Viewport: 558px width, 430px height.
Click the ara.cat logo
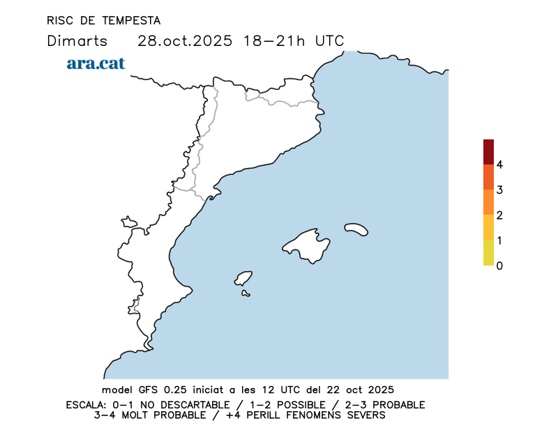(x=96, y=63)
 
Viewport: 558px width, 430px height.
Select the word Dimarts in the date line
(x=77, y=40)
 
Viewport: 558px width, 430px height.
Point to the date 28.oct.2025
(x=184, y=40)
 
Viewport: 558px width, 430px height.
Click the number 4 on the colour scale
(x=499, y=164)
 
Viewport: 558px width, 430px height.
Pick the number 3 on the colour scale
(x=499, y=190)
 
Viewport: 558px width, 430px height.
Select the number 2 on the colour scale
(x=499, y=215)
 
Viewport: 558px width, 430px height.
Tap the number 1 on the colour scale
(x=499, y=240)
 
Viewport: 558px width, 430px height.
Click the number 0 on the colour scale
(x=499, y=266)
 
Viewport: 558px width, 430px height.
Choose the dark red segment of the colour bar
(x=488, y=151)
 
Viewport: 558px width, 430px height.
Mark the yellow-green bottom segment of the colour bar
(x=488, y=253)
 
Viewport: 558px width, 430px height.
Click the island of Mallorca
(x=307, y=244)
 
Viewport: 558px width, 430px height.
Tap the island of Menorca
(x=356, y=229)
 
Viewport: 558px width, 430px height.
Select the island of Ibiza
(x=243, y=279)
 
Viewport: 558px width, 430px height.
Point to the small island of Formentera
(x=246, y=293)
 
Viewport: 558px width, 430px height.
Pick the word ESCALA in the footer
(x=86, y=405)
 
